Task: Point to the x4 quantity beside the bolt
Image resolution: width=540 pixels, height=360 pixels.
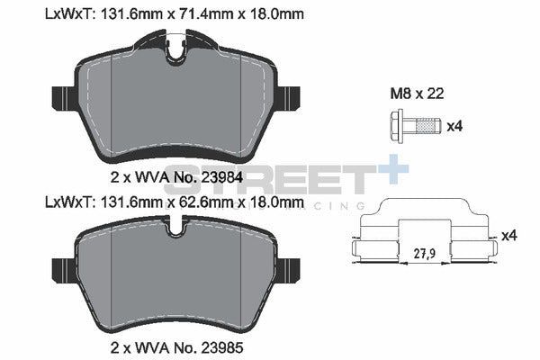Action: [454, 126]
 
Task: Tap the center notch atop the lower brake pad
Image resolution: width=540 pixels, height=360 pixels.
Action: [175, 230]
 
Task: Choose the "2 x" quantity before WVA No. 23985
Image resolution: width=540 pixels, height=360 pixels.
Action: [121, 346]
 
